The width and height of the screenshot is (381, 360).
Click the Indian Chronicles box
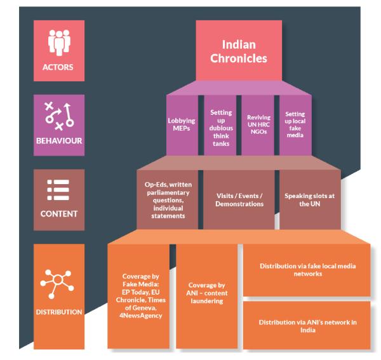(239, 51)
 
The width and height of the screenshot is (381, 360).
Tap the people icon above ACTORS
(59, 43)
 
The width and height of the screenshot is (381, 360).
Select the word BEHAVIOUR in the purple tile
(59, 141)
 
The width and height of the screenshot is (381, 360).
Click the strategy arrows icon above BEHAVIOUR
(59, 116)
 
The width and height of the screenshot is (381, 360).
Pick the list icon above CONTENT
(58, 190)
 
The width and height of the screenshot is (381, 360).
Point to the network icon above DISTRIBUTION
(57, 284)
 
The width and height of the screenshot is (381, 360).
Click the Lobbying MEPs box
(182, 125)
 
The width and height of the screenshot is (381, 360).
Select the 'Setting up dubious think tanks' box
(220, 125)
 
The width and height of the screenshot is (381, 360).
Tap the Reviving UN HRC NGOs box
(258, 125)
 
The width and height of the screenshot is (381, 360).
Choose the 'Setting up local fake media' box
(295, 125)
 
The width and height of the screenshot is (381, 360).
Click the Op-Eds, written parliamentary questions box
(168, 199)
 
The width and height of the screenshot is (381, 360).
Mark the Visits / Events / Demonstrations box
(239, 199)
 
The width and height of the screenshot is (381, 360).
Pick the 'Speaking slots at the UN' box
(310, 199)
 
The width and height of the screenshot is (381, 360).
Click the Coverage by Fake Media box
(138, 296)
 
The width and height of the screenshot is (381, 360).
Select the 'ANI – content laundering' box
(207, 296)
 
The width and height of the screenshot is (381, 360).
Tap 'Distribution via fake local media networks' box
(307, 270)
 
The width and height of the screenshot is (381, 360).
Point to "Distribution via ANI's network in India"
(307, 326)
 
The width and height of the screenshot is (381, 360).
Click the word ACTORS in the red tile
(58, 67)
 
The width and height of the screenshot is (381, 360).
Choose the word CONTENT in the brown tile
(59, 214)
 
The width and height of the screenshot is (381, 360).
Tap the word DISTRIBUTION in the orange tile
(59, 312)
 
